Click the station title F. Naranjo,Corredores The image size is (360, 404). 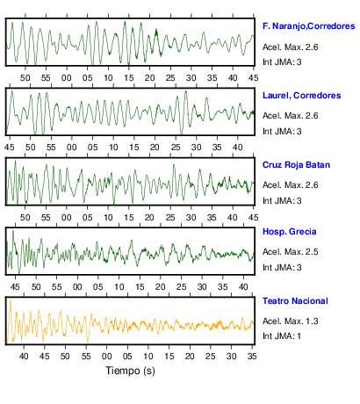(x=309, y=26)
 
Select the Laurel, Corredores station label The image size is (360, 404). (x=302, y=96)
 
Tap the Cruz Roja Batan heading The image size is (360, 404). (x=296, y=165)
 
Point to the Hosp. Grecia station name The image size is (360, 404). (x=290, y=232)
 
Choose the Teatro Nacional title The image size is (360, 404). (x=295, y=301)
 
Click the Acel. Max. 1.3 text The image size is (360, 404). (x=291, y=321)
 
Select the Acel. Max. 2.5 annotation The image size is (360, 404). (x=291, y=252)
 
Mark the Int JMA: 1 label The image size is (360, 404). (x=282, y=335)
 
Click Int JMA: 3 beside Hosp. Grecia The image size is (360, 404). (x=282, y=267)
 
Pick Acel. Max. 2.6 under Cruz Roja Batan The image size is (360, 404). (x=291, y=185)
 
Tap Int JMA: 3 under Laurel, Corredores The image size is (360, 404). (x=282, y=132)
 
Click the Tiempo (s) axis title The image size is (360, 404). (x=130, y=371)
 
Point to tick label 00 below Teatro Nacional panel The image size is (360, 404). (x=106, y=357)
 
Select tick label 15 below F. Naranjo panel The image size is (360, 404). (x=129, y=78)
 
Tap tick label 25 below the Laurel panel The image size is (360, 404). (x=176, y=148)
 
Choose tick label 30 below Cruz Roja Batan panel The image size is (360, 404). (x=191, y=218)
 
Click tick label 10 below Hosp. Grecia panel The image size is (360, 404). (x=119, y=287)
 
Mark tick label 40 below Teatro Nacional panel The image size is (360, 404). (x=24, y=357)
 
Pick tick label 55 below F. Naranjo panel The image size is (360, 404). (x=46, y=78)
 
